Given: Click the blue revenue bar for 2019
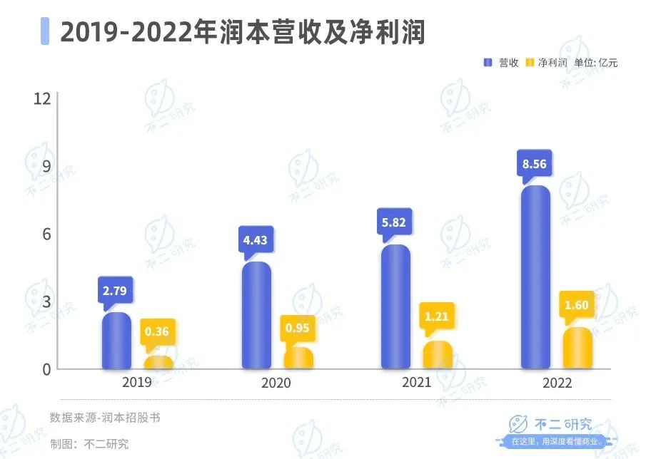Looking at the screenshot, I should (116, 341).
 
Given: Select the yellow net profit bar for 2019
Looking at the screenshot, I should (158, 362).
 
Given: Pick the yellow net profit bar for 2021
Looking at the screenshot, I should (437, 355).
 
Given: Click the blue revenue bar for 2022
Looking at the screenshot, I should (535, 278).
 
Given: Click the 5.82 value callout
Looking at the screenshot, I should (393, 222).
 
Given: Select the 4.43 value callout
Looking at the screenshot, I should (255, 240).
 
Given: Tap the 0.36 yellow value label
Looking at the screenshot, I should (158, 331).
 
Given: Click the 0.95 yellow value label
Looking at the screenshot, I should (297, 328).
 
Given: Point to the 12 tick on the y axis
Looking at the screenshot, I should (42, 98).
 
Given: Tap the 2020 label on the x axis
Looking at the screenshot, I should (276, 383).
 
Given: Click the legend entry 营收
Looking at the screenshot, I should (502, 63).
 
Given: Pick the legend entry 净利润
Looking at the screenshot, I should (546, 63).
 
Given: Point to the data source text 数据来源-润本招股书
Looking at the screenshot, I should (105, 418).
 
